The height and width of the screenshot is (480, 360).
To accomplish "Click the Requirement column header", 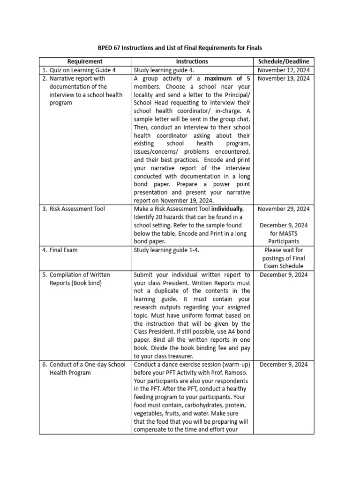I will tap(84, 61).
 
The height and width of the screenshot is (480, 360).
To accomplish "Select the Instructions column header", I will tap(192, 61).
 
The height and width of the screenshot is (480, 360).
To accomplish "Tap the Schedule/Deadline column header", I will tap(284, 61).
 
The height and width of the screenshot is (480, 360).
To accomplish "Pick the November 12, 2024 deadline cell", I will tap(284, 70).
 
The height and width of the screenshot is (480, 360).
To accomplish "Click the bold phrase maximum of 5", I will tap(226, 78).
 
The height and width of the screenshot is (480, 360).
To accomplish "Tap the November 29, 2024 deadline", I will tap(284, 209).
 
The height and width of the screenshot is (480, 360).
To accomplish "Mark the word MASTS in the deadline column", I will tap(284, 233).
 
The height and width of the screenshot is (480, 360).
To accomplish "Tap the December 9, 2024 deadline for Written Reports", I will tap(284, 275).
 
